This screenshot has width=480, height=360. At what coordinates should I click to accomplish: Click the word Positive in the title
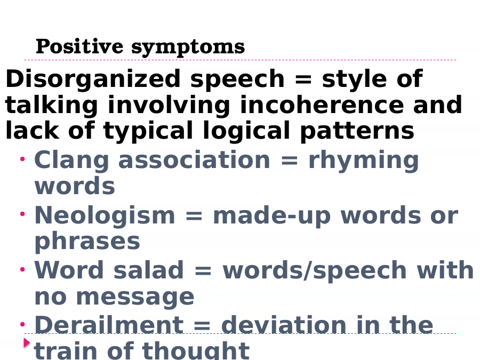[79, 46]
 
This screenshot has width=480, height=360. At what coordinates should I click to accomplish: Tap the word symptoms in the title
[188, 48]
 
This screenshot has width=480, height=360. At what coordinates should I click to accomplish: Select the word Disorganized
[93, 79]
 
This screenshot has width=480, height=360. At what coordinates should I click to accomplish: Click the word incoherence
[322, 105]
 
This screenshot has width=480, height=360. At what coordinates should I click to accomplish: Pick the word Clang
[71, 161]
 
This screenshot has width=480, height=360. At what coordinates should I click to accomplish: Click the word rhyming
[364, 161]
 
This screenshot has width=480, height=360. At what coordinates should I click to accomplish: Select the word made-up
[272, 217]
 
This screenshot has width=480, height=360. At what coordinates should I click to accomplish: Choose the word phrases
[87, 242]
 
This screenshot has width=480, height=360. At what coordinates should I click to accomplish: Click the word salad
[148, 270]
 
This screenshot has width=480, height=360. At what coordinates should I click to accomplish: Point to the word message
[135, 297]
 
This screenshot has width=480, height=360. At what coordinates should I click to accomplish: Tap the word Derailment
[109, 325]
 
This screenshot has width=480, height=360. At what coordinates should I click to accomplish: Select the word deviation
[284, 325]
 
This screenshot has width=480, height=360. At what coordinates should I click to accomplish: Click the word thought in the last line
[196, 351]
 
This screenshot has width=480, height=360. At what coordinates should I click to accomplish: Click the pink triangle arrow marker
[27, 343]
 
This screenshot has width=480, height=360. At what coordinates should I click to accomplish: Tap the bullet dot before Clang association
[22, 158]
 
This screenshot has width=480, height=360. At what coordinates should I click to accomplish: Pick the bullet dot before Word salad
[22, 269]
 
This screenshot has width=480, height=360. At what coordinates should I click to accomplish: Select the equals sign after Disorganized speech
[303, 79]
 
